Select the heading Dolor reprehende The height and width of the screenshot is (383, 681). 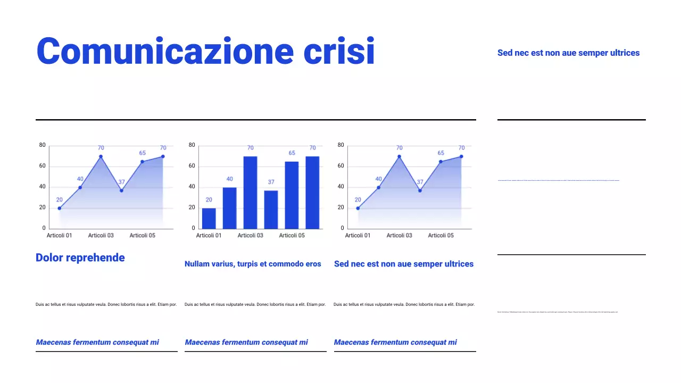point(80,258)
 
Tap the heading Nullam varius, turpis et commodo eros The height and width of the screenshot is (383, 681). point(253,264)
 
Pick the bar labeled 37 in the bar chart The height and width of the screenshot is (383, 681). point(271,210)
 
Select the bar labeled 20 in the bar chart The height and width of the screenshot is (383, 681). point(209,219)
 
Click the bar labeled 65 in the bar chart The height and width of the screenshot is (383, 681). point(292,195)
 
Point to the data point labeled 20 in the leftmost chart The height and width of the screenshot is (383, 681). point(60,208)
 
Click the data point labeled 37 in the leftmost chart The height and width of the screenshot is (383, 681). point(121,190)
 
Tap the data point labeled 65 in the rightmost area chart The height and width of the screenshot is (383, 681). point(441,162)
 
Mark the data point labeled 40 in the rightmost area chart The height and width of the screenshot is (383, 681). point(378,187)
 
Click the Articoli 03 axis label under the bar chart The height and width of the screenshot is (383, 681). point(250,235)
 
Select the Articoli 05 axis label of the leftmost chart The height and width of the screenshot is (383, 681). point(143,235)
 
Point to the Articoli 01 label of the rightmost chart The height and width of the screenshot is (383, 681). point(358,235)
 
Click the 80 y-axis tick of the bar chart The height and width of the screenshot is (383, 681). point(192,145)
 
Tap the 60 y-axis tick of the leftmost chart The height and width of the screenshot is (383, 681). point(43,166)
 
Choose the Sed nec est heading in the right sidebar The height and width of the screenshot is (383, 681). point(568,53)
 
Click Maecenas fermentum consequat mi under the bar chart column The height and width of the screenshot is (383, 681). point(246,343)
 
